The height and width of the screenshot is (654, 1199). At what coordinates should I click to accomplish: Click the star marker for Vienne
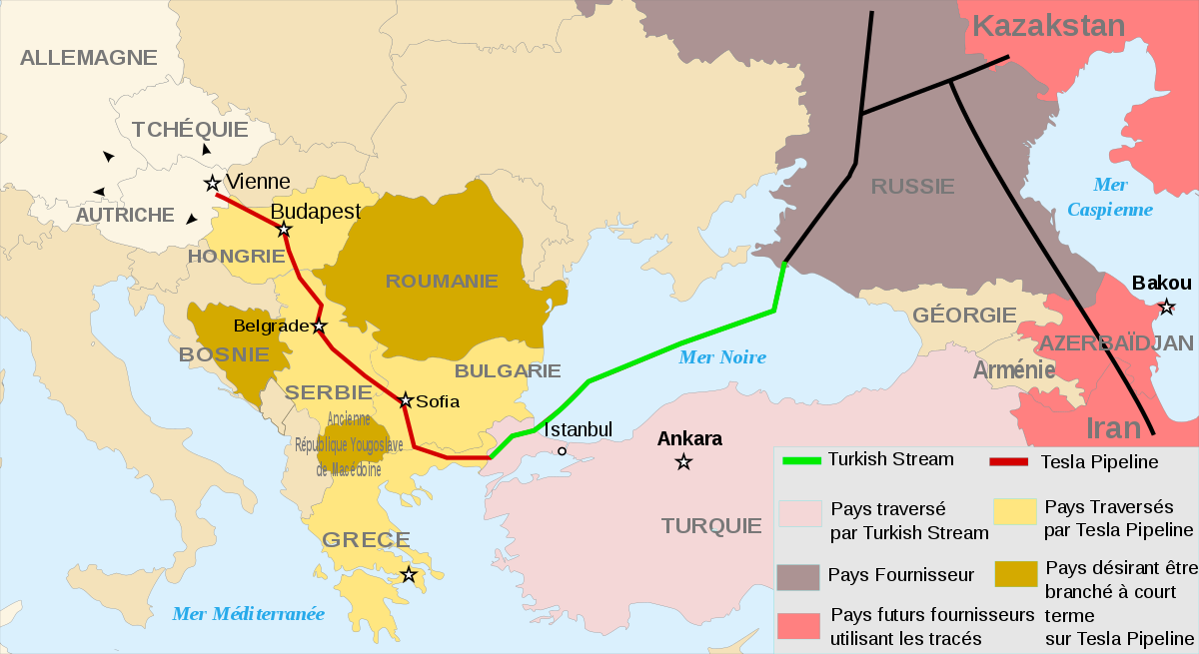coord(212,183)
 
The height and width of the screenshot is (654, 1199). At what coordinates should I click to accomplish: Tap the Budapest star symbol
coord(284,230)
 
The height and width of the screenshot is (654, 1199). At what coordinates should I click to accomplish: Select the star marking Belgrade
coord(319,327)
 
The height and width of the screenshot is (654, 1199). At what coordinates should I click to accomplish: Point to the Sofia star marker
coord(406,401)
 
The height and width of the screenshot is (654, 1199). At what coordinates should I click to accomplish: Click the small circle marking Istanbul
coord(562,451)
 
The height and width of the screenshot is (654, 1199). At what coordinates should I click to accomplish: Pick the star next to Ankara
coord(683,461)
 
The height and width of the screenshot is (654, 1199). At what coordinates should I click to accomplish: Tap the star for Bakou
coord(1165,307)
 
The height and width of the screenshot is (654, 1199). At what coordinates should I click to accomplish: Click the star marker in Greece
coord(409,575)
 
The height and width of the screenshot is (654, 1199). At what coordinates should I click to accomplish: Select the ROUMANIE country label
coord(442,282)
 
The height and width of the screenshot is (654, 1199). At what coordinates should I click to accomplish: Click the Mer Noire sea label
coord(721,357)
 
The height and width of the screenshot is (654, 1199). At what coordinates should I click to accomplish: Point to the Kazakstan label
coord(1049,27)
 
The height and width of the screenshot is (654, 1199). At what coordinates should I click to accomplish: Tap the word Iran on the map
coord(1113,428)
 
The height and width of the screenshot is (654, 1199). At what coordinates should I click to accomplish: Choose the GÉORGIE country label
coord(964,316)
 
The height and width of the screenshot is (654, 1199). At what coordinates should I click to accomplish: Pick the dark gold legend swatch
coord(1015,574)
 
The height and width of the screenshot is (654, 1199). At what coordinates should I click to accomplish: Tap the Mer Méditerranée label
coord(248,614)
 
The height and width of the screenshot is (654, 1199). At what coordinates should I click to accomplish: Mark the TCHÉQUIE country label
coord(190,130)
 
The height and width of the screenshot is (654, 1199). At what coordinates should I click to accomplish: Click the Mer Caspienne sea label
coord(1110,198)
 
